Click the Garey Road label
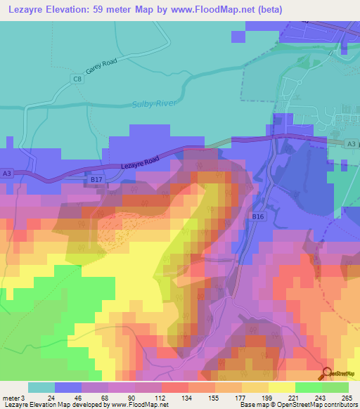coord(101,67)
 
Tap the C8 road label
coord(77,81)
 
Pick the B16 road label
coord(257,218)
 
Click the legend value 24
coord(41,398)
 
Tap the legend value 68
coord(95,398)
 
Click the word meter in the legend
coord(11,398)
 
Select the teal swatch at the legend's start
coord(41,387)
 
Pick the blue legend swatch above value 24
coord(68,387)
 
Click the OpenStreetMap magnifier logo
coord(328,374)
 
